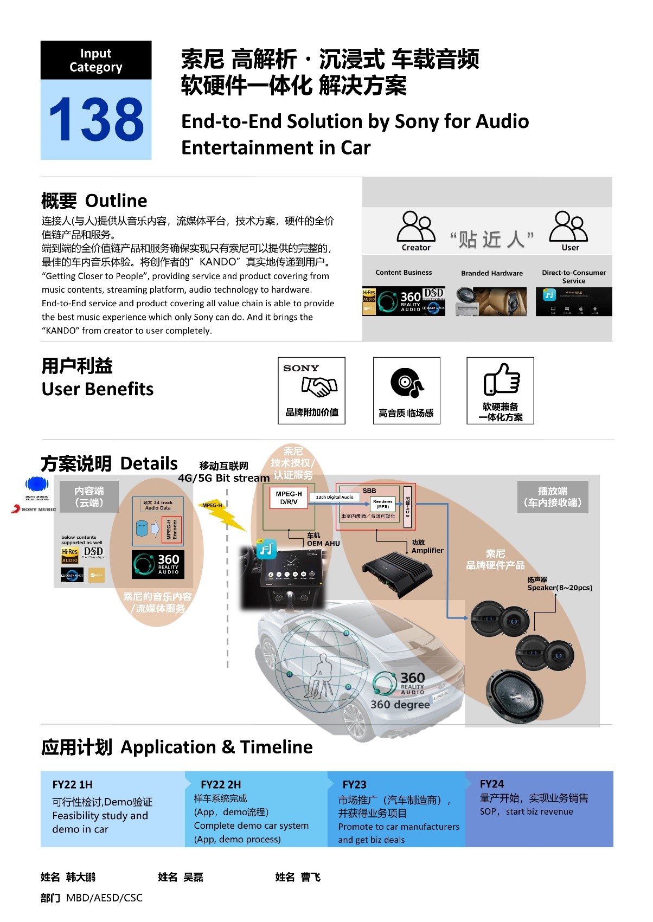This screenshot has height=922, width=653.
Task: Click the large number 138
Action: pos(96,119)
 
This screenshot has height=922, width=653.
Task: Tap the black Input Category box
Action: pos(96,60)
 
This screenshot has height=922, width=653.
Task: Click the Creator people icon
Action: pos(416,227)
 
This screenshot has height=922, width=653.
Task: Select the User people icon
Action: pos(568,227)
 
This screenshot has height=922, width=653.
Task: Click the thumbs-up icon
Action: pos(502,379)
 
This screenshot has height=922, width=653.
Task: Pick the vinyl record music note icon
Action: pos(407,383)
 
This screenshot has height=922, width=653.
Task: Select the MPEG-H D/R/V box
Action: pos(289,498)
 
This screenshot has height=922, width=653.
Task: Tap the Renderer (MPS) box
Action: pos(382,504)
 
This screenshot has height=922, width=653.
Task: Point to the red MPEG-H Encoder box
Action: pos(172,529)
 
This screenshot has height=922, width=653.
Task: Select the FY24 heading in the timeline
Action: pos(492,784)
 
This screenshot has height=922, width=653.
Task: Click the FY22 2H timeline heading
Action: pos(221,784)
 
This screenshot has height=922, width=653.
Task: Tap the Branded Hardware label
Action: pos(492,273)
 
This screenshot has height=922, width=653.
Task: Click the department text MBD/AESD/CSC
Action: pos(104,898)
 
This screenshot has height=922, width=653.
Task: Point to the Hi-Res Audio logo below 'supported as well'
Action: pos(70,556)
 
